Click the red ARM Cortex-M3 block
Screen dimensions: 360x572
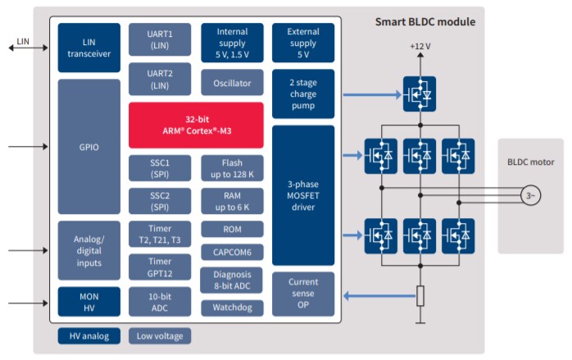tap(196, 125)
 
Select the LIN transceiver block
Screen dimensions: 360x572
tap(89, 48)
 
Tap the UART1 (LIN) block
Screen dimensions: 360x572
tap(160, 39)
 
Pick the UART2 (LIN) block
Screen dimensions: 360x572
tap(160, 80)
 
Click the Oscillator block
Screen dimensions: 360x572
tap(232, 82)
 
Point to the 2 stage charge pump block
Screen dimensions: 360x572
tap(302, 93)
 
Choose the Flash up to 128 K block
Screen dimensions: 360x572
tap(232, 168)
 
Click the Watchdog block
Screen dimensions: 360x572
tap(232, 308)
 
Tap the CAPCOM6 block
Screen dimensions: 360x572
tap(232, 253)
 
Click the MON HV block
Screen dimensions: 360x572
tap(89, 302)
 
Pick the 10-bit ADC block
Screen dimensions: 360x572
tap(160, 302)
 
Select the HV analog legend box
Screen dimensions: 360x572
tap(89, 336)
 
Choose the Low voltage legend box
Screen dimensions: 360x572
tap(160, 336)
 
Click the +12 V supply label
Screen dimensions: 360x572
tap(420, 47)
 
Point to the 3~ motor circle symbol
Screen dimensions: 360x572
tap(530, 195)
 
